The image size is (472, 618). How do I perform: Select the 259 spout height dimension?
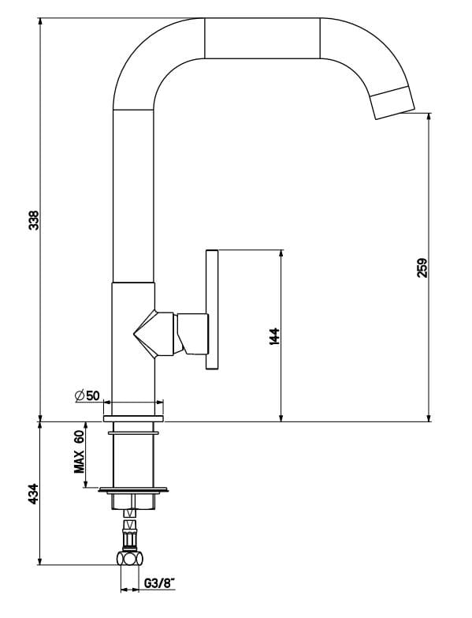(x=422, y=268)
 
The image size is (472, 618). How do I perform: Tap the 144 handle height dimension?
(x=273, y=335)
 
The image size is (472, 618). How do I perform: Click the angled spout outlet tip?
(x=393, y=103)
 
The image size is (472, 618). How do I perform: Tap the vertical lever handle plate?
(x=211, y=309)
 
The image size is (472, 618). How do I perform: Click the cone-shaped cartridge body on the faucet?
(x=154, y=331)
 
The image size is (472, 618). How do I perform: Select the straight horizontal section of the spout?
(x=262, y=37)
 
